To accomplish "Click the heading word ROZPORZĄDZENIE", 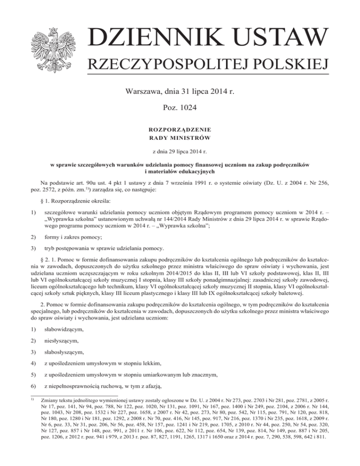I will tap(180, 129).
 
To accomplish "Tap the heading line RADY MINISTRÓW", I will tap(180, 137).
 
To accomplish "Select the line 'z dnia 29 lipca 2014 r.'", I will tap(180, 152).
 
